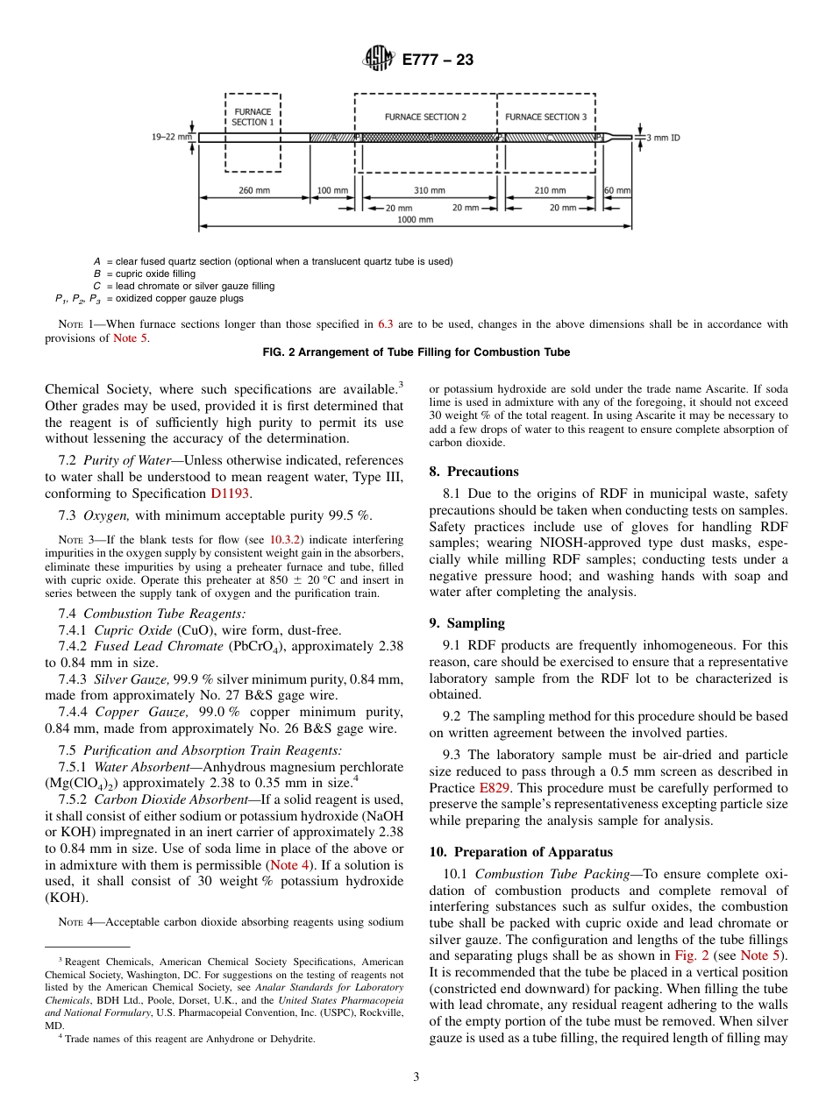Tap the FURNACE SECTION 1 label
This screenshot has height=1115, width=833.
253,117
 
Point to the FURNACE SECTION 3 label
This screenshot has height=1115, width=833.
546,117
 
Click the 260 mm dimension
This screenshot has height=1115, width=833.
255,190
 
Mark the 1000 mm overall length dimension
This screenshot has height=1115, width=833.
415,220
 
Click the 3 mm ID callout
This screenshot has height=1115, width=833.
663,138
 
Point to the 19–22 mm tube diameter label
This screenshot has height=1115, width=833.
171,137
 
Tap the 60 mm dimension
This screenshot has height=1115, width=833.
616,190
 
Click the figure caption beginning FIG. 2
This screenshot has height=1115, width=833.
416,352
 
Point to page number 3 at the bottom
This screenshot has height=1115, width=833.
416,1077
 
